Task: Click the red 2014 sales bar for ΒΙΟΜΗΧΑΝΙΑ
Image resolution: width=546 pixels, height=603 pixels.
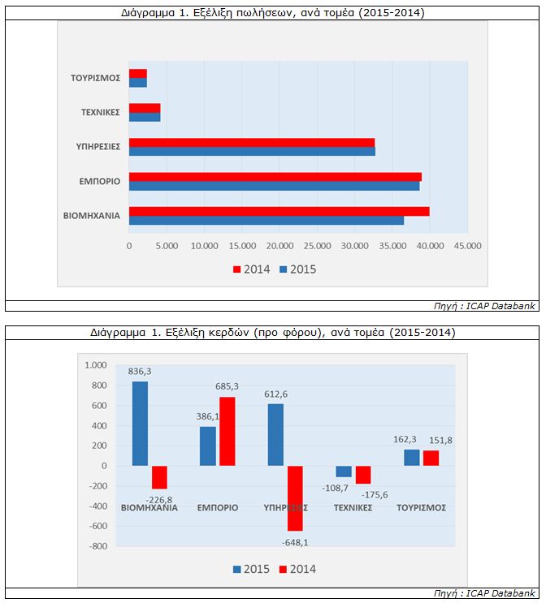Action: tap(279, 211)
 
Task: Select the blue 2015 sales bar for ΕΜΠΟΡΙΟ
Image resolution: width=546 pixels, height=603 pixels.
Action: tap(274, 186)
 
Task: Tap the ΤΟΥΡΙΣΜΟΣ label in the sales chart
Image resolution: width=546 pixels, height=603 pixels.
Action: tap(95, 78)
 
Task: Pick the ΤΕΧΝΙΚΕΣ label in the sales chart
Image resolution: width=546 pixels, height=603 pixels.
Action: tap(99, 112)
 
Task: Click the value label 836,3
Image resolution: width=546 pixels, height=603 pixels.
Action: tap(140, 372)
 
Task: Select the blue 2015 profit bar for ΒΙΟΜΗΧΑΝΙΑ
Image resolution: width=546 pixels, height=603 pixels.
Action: tap(140, 423)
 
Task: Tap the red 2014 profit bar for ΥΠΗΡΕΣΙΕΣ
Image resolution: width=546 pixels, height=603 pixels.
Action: tap(294, 497)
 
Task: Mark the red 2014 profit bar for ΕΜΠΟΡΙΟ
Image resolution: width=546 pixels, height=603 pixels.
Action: tap(227, 431)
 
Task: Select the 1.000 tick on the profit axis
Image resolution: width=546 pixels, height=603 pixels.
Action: tap(95, 365)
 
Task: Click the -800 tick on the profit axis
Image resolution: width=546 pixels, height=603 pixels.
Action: tap(97, 546)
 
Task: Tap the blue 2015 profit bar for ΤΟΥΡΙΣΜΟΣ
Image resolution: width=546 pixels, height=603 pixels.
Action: tap(411, 458)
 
